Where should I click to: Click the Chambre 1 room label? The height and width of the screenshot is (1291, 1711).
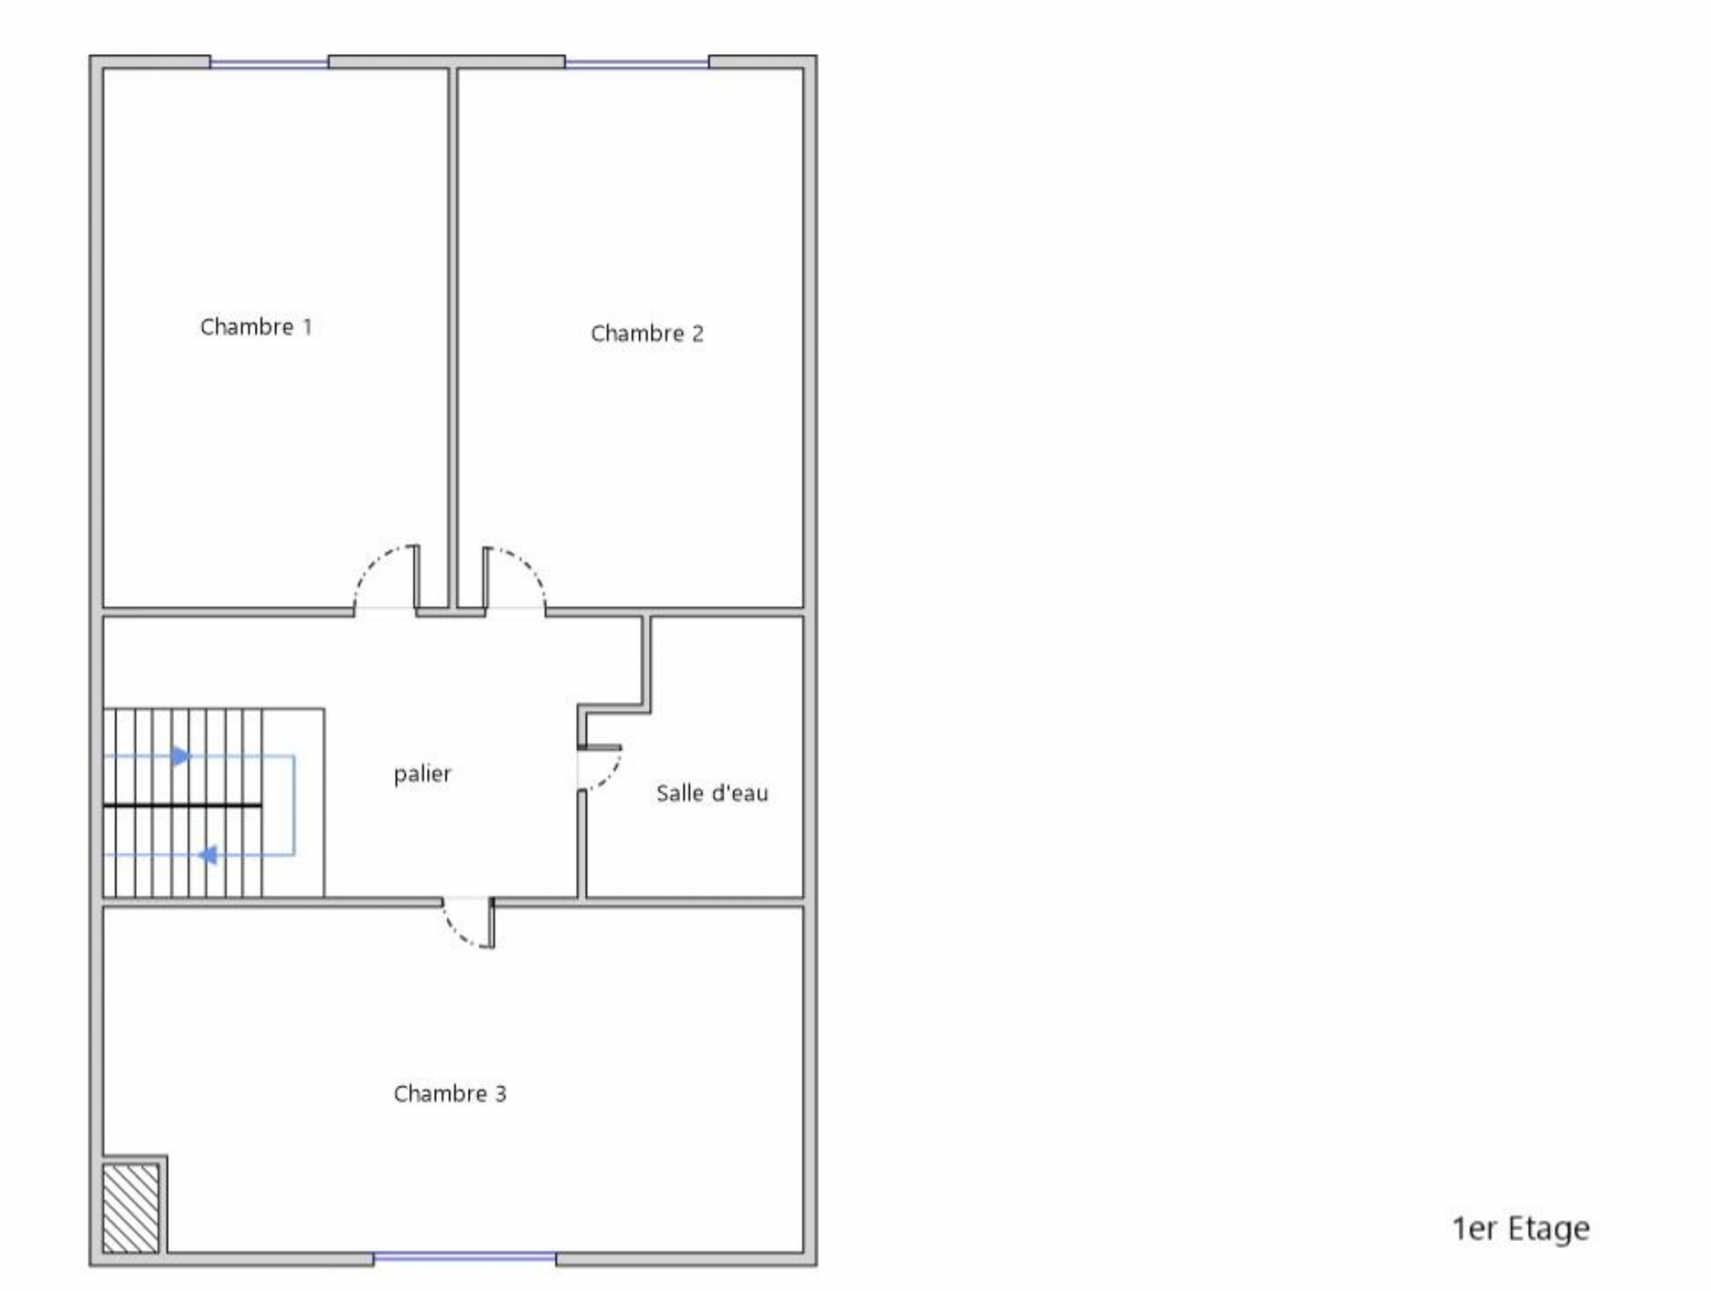(x=256, y=327)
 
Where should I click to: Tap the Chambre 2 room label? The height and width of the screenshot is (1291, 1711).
(x=647, y=333)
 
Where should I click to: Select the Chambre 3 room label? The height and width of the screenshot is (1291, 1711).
(x=450, y=1093)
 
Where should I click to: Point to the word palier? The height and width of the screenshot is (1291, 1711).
(x=422, y=773)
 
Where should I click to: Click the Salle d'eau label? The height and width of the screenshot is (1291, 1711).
(x=712, y=793)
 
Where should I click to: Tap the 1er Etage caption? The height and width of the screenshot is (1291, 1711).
(x=1520, y=1229)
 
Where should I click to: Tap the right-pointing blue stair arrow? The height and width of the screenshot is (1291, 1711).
(x=182, y=756)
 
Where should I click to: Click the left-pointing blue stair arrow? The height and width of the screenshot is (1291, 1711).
(x=208, y=855)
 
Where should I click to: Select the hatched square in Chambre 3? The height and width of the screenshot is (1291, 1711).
(x=131, y=1208)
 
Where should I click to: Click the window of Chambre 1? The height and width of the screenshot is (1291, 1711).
(x=269, y=63)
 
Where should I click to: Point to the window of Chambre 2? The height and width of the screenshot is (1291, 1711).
(x=637, y=63)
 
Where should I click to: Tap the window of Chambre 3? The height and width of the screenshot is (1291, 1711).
(x=464, y=1257)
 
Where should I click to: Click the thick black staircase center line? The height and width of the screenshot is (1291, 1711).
(x=183, y=805)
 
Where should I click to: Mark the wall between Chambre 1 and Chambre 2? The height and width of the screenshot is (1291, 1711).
(x=453, y=339)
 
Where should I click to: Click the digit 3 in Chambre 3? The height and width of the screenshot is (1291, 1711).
(x=501, y=1093)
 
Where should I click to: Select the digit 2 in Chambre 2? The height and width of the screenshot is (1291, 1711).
(x=698, y=333)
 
